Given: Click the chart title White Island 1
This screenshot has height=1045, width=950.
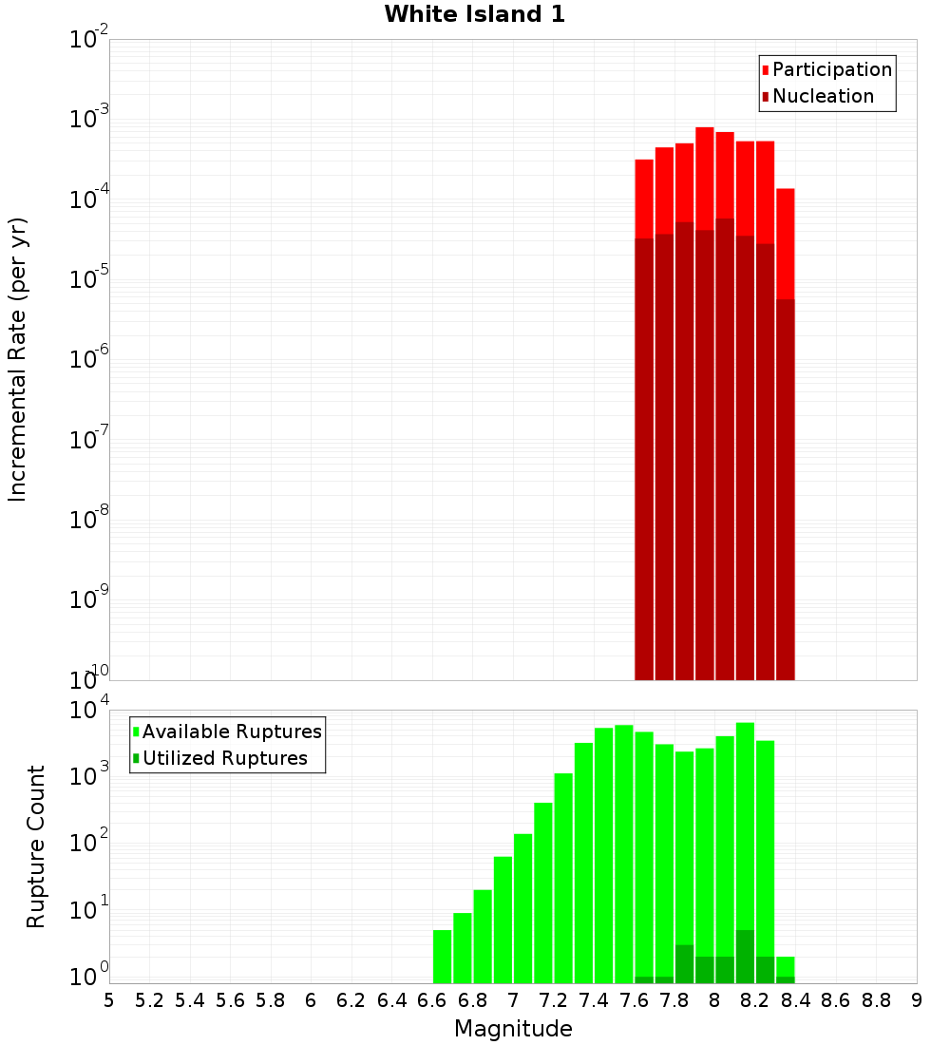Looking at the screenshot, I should [x=474, y=15].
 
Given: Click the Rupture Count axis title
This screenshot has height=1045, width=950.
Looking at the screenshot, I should [x=36, y=846].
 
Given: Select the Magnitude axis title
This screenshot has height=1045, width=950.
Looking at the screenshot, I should [x=513, y=1029].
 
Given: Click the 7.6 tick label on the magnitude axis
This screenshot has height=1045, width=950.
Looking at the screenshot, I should [x=634, y=1000].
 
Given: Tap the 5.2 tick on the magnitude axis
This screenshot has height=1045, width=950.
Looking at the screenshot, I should [x=149, y=1000].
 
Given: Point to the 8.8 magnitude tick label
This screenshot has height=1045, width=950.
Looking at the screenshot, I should [x=876, y=1000].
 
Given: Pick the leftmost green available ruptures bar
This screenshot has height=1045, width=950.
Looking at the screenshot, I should [x=442, y=957].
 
